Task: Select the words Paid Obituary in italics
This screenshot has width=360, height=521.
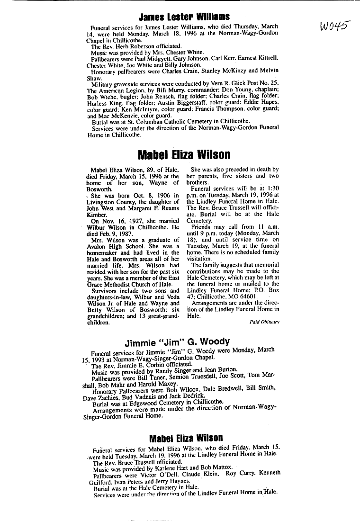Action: tap(264, 322)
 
